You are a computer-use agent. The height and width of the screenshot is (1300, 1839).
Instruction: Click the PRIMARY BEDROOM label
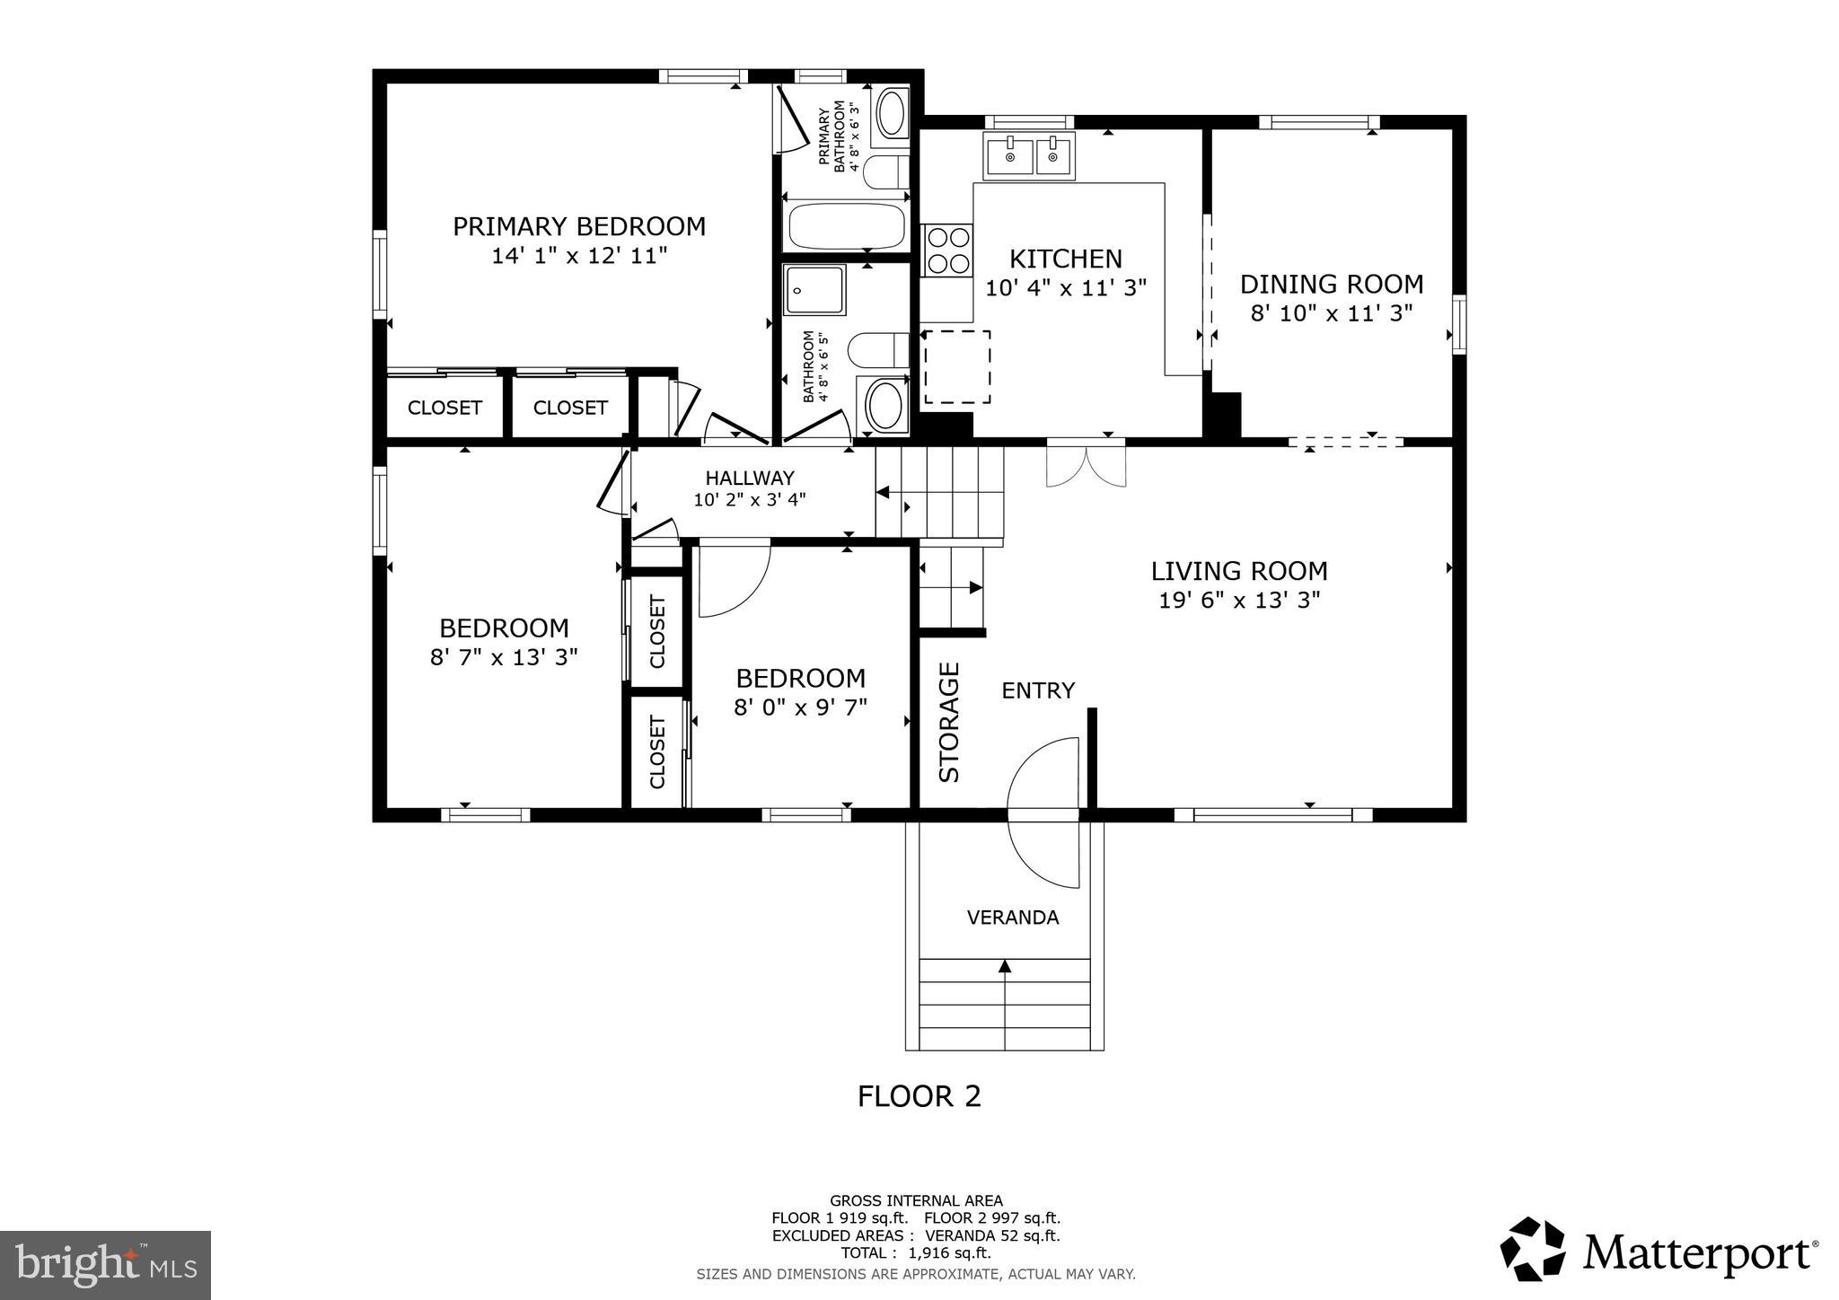point(578,226)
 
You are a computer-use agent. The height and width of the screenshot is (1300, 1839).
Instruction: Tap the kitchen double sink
point(1029,156)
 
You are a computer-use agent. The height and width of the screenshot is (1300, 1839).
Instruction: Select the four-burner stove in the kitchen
point(948,250)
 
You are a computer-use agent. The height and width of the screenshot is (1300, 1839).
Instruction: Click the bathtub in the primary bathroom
point(846,227)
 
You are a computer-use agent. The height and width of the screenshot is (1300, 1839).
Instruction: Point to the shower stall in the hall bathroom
point(814,290)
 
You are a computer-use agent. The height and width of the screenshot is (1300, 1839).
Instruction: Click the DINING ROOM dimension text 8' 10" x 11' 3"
point(1331,313)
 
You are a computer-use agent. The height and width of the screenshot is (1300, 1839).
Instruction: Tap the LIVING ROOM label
point(1238,571)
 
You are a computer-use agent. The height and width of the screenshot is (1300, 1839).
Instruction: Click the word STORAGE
point(949,722)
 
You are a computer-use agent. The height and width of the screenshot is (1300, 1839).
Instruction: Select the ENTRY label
point(1037,690)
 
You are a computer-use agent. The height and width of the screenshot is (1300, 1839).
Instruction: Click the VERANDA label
point(1012,918)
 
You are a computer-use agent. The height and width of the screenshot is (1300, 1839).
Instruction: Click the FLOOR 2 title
point(919,1096)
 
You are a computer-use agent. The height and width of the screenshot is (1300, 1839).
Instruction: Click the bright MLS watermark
point(105,1266)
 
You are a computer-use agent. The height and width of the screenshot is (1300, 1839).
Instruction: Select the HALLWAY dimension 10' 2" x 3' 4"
point(749,500)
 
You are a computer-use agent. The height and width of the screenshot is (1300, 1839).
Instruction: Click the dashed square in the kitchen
point(957,366)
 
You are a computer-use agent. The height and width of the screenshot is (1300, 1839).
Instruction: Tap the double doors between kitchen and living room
point(1086,465)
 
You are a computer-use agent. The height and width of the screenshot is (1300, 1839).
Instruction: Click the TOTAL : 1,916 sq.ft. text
point(915,1253)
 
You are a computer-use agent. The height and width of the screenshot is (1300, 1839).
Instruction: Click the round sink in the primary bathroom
point(891,113)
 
